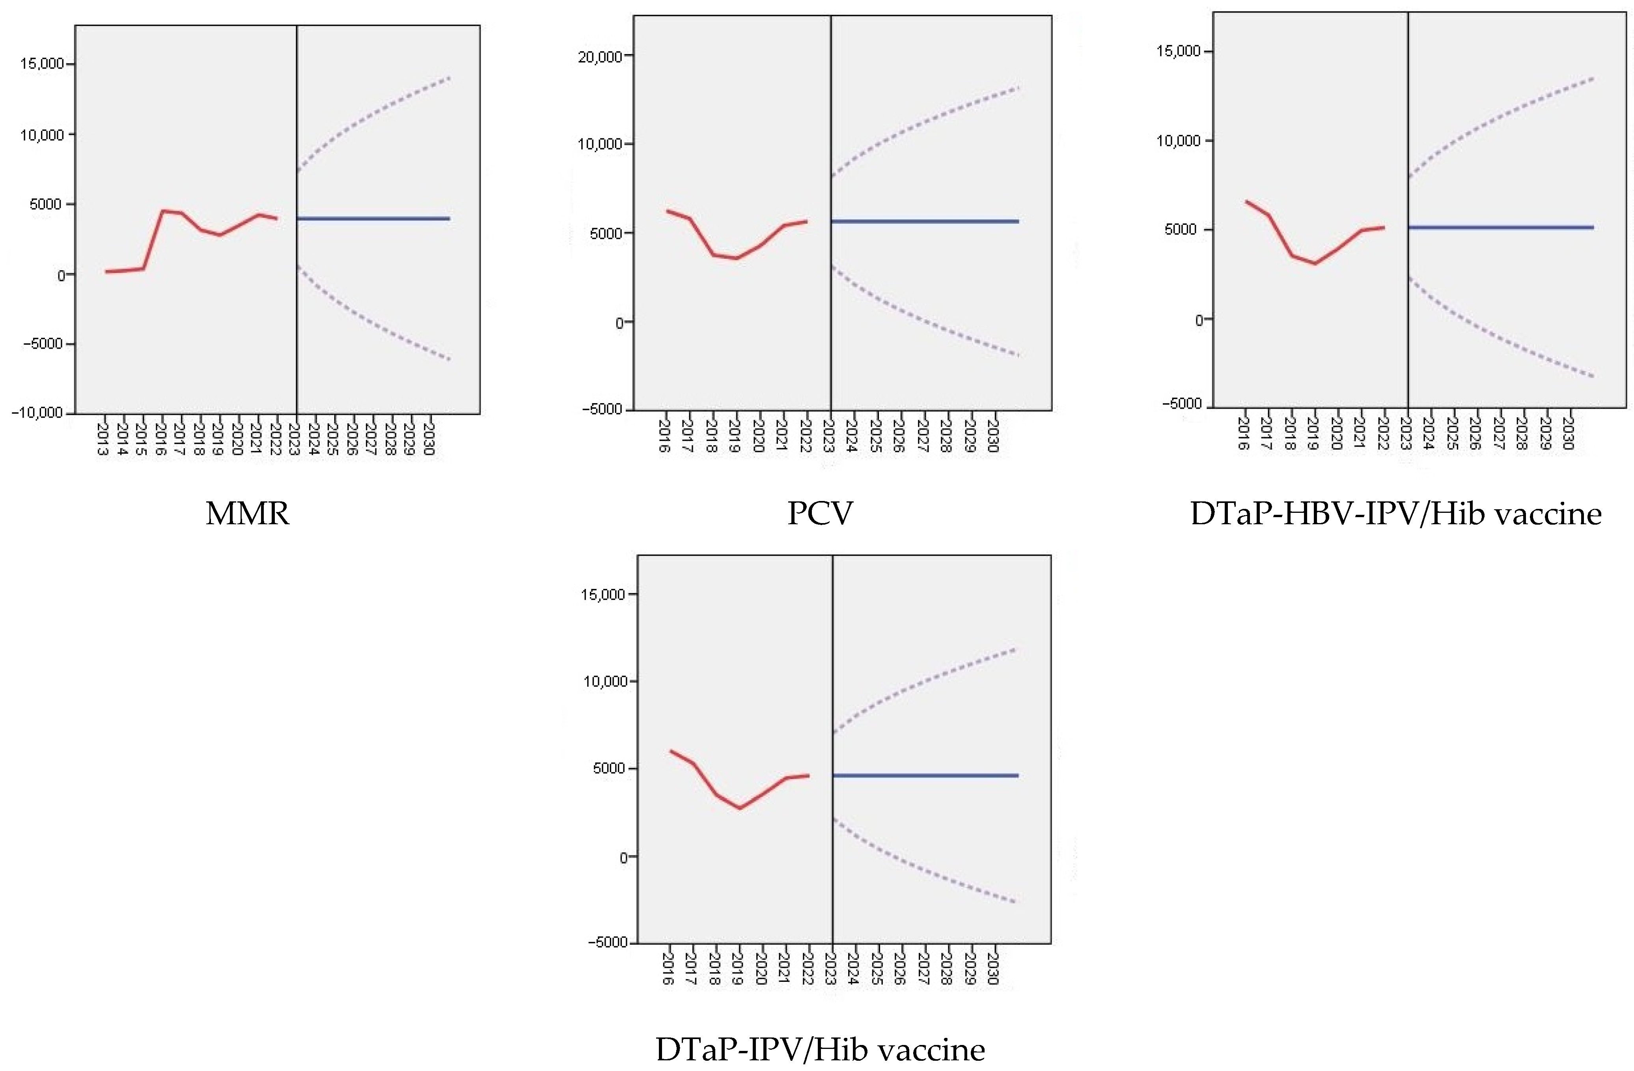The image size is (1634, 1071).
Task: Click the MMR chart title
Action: (247, 513)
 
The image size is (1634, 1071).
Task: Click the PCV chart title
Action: (820, 513)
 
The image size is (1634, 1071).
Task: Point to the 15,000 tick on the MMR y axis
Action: (41, 64)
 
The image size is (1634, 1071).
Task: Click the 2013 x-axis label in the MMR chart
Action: (102, 438)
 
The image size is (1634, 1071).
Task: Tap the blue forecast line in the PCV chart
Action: (925, 221)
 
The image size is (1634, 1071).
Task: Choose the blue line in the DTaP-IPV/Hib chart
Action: (925, 776)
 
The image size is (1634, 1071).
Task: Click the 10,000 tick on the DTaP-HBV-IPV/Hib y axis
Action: (1178, 141)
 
